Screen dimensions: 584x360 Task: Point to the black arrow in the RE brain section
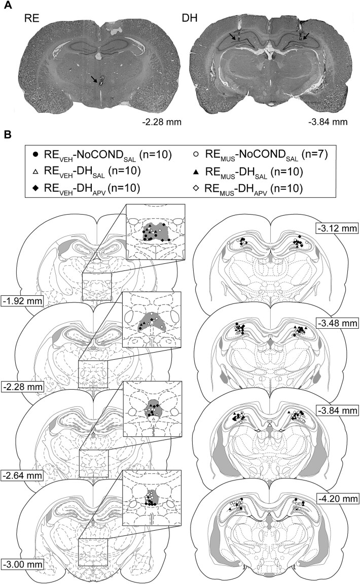pos(95,79)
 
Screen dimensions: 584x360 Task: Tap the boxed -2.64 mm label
pos(22,476)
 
